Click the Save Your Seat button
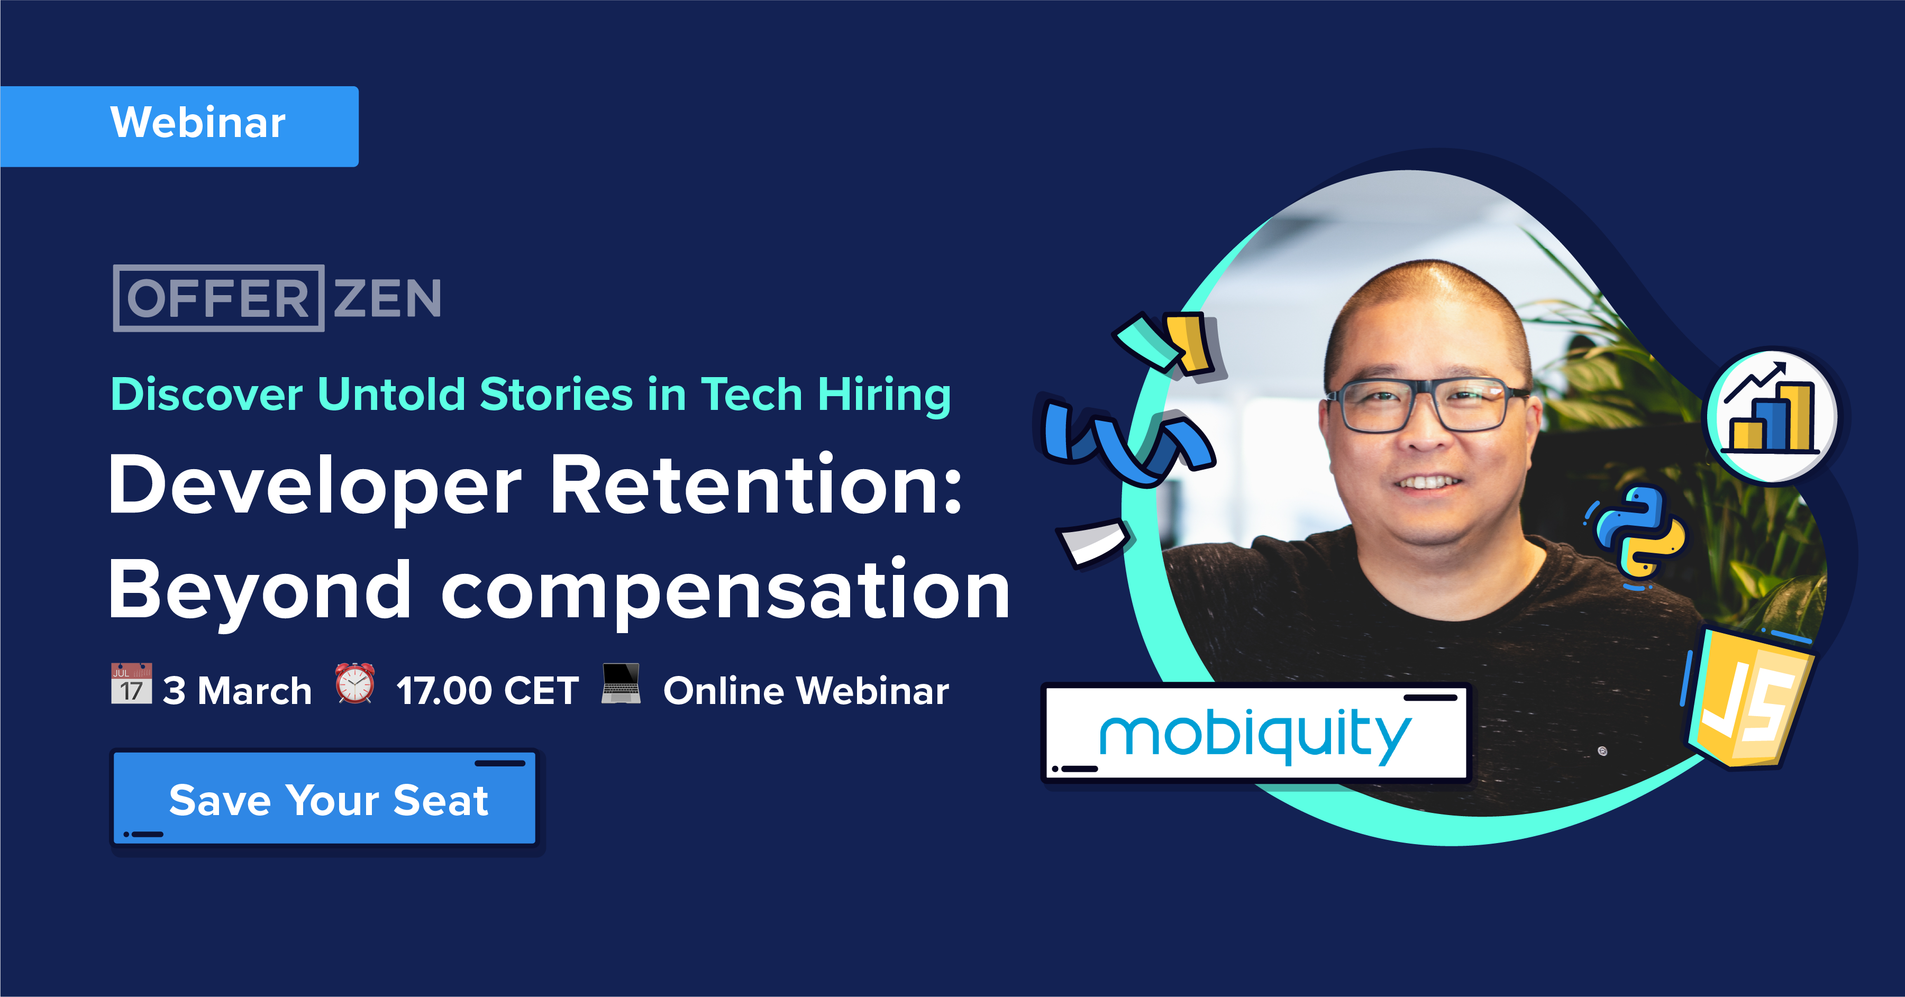click(x=325, y=800)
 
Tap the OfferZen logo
click(x=277, y=298)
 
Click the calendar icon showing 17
click(x=132, y=683)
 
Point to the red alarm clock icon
click(x=355, y=683)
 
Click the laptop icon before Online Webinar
click(x=621, y=683)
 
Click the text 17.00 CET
click(x=487, y=691)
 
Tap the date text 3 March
click(x=236, y=691)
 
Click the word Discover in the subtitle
click(x=206, y=395)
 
